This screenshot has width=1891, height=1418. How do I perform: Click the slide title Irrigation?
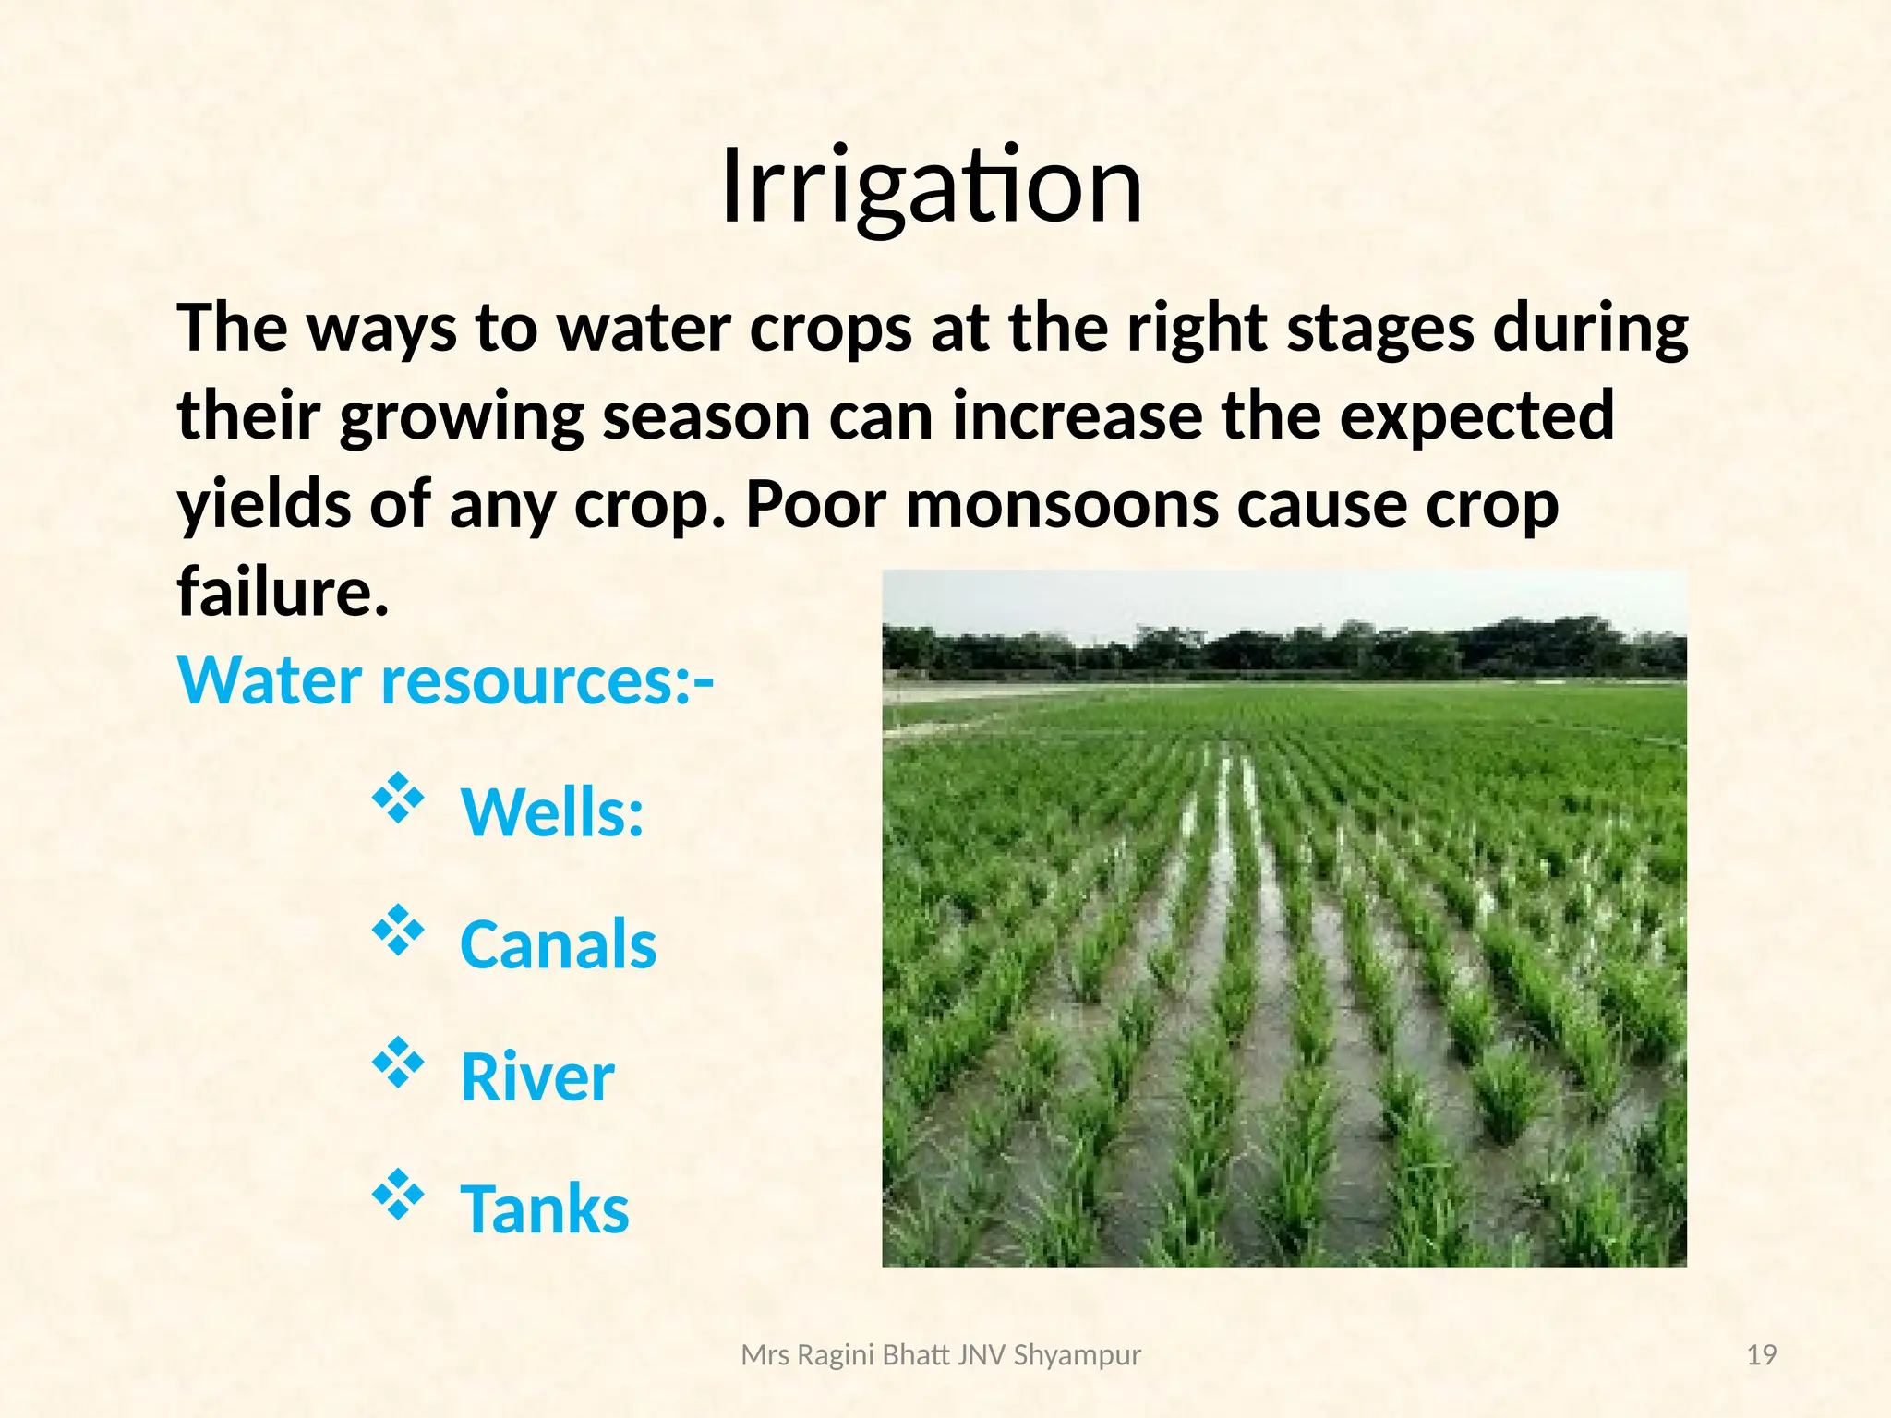tap(931, 187)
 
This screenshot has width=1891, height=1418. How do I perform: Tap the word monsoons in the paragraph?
tap(1062, 506)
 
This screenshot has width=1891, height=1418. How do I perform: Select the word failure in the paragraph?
tap(282, 592)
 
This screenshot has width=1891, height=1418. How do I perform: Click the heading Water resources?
tap(445, 681)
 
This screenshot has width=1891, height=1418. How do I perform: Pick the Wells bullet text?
tap(552, 813)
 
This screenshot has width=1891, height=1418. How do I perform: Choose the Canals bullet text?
tap(558, 945)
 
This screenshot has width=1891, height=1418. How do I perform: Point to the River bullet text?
tap(537, 1077)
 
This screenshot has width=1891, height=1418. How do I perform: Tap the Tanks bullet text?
tap(545, 1209)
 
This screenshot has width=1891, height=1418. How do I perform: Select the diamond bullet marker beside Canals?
tap(398, 931)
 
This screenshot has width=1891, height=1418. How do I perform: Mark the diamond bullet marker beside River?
tap(398, 1063)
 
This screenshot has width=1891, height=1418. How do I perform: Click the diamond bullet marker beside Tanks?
tap(398, 1195)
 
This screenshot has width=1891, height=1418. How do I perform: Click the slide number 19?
tap(1762, 1355)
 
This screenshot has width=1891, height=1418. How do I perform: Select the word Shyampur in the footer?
tap(1077, 1355)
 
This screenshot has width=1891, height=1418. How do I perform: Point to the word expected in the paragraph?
tap(1476, 417)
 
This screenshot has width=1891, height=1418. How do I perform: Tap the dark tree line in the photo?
tap(1283, 651)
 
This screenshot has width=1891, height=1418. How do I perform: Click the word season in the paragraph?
tap(706, 417)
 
